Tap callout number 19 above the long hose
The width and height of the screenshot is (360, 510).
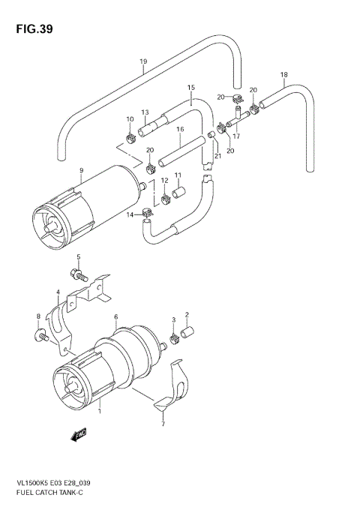click(x=142, y=61)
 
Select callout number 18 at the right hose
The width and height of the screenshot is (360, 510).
click(x=283, y=74)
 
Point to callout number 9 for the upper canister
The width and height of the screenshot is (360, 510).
click(x=81, y=170)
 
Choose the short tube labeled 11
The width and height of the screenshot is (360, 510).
click(x=178, y=193)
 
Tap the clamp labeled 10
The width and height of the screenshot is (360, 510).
click(x=130, y=137)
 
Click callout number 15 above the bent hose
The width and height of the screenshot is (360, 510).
click(x=190, y=88)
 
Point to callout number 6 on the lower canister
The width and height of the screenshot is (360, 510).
click(x=116, y=317)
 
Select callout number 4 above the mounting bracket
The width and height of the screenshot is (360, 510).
click(x=57, y=292)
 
